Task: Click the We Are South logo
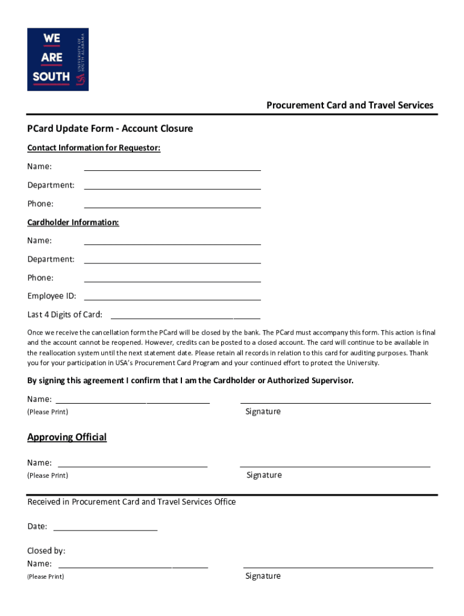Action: coord(58,59)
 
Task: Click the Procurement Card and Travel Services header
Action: coord(350,105)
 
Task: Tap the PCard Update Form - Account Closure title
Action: coord(110,129)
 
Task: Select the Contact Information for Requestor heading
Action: coord(93,148)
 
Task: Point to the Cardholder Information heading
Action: coord(73,223)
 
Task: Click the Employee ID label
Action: coord(51,296)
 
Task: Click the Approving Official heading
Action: coord(67,437)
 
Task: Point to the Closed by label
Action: coord(46,551)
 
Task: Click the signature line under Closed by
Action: coord(338,566)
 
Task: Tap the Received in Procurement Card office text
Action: coord(131,502)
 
